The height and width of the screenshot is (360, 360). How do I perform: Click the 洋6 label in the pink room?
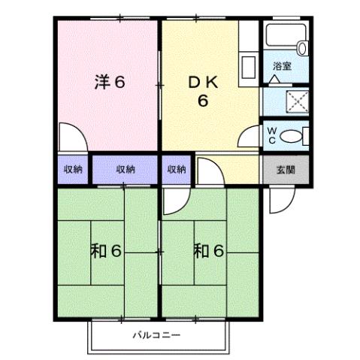coord(110,82)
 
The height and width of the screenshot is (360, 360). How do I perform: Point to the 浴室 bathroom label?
coord(283,67)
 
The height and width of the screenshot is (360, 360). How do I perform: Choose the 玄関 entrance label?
coord(286,171)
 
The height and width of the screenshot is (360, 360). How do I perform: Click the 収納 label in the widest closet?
coord(126,170)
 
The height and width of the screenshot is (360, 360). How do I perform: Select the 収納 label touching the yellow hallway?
coord(177,170)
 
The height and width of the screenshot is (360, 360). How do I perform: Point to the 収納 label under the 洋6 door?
coord(73,170)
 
